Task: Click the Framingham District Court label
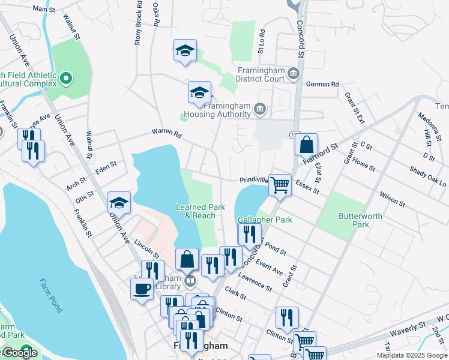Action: click(259, 74)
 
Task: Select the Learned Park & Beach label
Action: click(200, 211)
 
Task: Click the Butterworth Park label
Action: click(352, 220)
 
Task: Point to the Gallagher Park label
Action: click(265, 220)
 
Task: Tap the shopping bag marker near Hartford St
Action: click(306, 144)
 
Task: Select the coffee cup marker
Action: click(142, 289)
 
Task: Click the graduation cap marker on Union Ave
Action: click(119, 203)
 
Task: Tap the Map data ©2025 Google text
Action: click(412, 356)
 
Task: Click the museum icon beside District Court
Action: click(294, 74)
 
